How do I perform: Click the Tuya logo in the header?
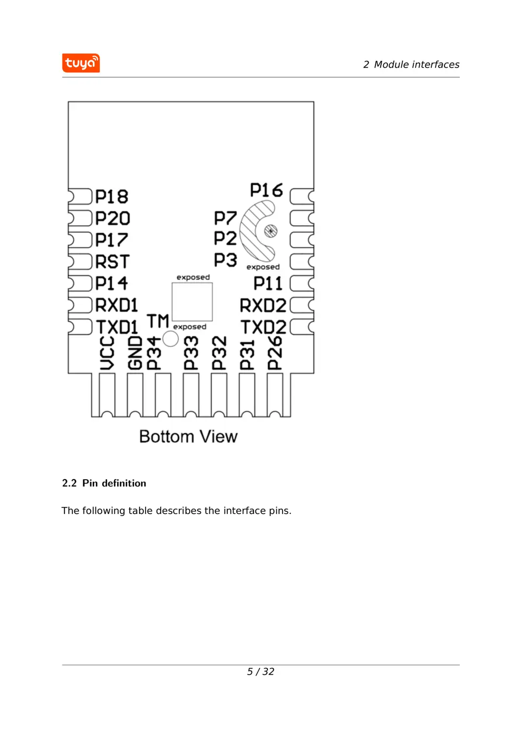tap(81, 63)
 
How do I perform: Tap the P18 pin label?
tap(112, 197)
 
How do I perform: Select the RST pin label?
tap(112, 261)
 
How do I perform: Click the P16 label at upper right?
tap(266, 190)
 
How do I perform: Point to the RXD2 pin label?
tap(263, 306)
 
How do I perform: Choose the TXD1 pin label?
tap(117, 327)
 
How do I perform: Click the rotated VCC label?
tap(107, 353)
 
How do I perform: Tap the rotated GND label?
tap(135, 353)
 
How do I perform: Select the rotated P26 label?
tap(275, 353)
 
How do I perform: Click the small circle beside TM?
tap(170, 339)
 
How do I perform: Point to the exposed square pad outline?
tap(192, 302)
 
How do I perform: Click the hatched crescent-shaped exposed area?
tap(252, 232)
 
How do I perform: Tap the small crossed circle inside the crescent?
tap(270, 231)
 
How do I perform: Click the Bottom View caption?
tap(188, 436)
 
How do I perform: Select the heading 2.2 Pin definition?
tap(104, 483)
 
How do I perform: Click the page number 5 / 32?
tap(260, 672)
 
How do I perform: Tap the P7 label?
tap(225, 218)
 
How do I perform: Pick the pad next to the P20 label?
tap(80, 218)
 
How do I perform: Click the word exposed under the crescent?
tap(263, 267)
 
